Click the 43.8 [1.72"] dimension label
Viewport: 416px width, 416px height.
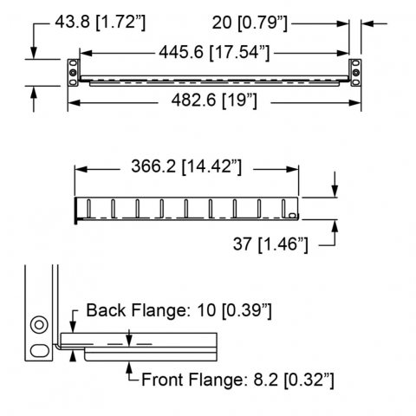(101, 23)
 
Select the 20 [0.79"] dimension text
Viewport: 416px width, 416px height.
(250, 23)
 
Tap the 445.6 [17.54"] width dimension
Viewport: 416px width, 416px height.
(214, 53)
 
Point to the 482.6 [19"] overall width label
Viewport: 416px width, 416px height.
(214, 101)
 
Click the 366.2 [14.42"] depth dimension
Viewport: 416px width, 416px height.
(186, 166)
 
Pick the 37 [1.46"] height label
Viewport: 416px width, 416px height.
(270, 244)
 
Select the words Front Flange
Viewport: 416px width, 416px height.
(191, 380)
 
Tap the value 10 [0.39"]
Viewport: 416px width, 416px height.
(234, 311)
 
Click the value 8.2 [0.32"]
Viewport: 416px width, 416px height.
(294, 380)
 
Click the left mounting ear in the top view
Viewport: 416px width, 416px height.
(73, 73)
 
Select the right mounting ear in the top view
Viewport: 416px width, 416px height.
(355, 73)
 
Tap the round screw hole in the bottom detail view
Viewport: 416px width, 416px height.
(39, 325)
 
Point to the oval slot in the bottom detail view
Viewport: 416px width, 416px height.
(39, 350)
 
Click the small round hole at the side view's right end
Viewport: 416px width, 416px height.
(292, 215)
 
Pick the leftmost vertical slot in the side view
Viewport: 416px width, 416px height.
(89, 208)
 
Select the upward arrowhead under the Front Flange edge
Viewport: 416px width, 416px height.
(129, 367)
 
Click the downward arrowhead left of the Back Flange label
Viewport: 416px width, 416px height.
(73, 328)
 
